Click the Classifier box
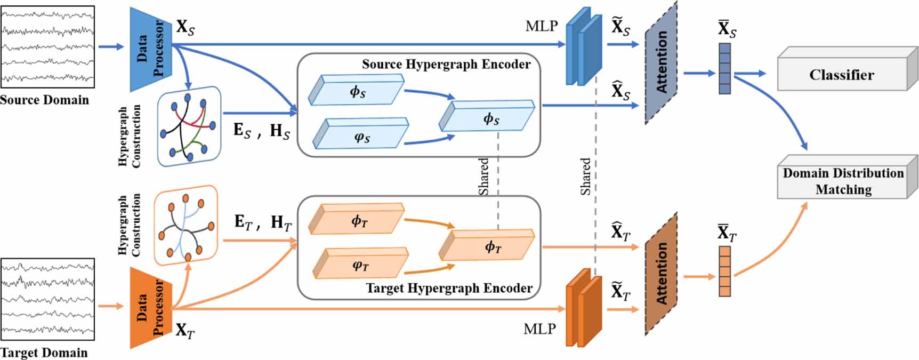842,75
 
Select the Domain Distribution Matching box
842,181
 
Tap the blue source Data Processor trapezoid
150,49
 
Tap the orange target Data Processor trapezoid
150,308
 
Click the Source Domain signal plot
48,47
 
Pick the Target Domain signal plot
48,299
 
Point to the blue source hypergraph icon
189,126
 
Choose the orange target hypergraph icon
186,225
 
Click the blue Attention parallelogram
661,63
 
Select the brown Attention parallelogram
661,274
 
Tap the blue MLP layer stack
583,47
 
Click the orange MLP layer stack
583,308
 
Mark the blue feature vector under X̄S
724,68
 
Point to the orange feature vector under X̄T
724,271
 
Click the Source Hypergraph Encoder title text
446,65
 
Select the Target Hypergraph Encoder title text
449,289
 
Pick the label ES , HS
261,131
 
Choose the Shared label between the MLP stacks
585,176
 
